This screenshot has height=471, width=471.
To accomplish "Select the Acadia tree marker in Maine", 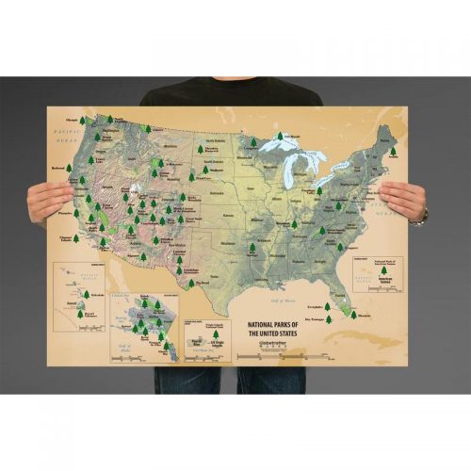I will pos(393,151).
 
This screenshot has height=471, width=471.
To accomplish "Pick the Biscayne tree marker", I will pos(353,315).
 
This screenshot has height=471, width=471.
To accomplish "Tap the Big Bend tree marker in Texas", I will pos(191,282).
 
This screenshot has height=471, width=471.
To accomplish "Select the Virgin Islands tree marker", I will pos(217,333).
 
